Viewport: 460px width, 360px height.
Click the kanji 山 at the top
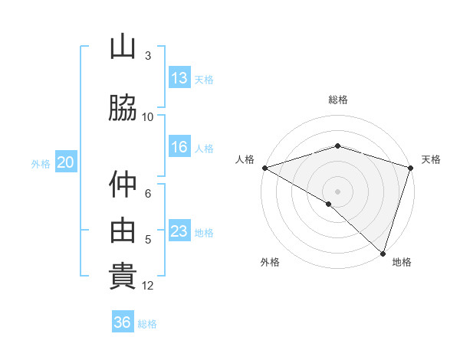[x=123, y=47]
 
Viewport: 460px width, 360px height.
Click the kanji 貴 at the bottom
[x=123, y=276]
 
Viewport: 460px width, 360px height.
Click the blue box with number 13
[x=179, y=77]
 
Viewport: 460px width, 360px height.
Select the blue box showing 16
[x=179, y=147]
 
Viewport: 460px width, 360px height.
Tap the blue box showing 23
[x=179, y=231]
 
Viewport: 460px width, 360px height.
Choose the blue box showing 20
[x=66, y=162]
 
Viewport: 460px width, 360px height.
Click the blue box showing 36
[x=123, y=322]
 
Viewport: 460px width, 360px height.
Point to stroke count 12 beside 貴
[x=149, y=286]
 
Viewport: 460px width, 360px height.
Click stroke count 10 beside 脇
[x=148, y=116]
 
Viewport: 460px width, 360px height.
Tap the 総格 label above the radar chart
[x=338, y=100]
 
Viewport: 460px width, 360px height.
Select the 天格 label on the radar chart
[x=432, y=159]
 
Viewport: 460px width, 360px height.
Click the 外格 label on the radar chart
[x=270, y=262]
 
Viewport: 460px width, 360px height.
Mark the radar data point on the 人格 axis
[x=264, y=168]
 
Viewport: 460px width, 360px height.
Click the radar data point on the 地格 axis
[x=383, y=253]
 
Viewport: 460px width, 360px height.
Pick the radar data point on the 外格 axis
[x=329, y=205]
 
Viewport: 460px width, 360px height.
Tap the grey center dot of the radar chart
[x=338, y=191]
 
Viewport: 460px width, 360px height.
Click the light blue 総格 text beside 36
[x=147, y=324]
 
